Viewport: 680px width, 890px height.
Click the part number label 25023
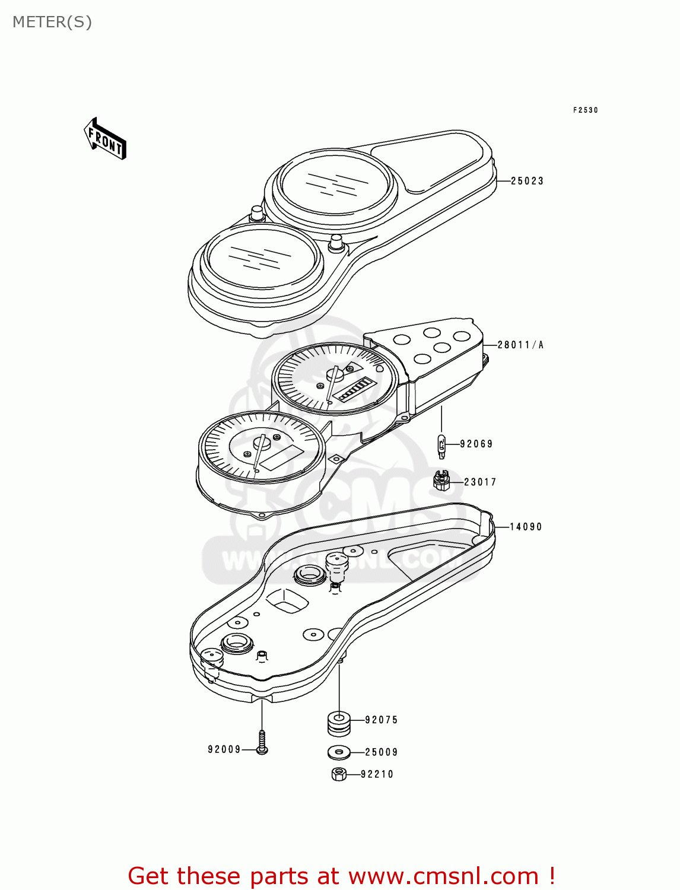coord(527,181)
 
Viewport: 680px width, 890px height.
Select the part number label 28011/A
coord(520,345)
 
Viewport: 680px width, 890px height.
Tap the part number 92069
coord(476,444)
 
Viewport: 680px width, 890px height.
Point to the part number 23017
coord(480,482)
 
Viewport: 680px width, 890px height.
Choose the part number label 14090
coord(526,527)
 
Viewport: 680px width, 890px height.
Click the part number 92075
coord(382,720)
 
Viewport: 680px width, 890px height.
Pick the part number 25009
coord(382,752)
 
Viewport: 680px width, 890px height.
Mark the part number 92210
coord(377,774)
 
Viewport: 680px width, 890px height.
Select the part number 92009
coord(224,750)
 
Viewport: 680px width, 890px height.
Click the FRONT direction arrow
coord(105,139)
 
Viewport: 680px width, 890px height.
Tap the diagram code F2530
coord(586,110)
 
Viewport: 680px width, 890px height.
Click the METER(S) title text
coord(52,22)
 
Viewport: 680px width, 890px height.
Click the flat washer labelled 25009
coord(339,752)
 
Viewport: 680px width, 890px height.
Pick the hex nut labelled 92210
coord(338,774)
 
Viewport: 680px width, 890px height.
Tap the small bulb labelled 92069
coord(441,446)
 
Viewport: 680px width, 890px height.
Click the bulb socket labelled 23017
coord(441,481)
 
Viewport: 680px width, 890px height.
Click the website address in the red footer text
coord(443,876)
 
